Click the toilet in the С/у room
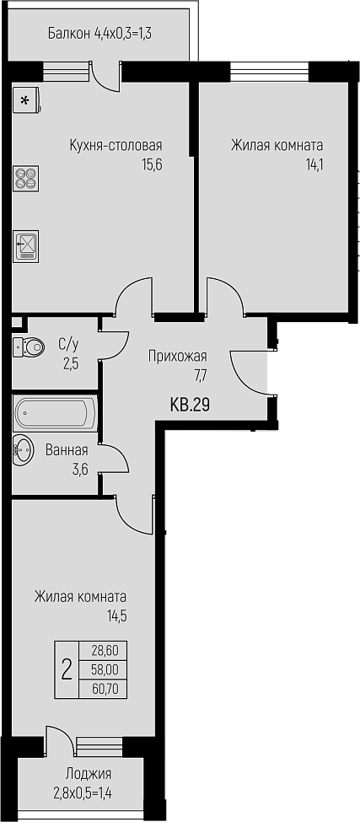(x=29, y=346)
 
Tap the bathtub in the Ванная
(x=56, y=414)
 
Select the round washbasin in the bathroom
(x=23, y=450)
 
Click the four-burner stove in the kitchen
(x=25, y=177)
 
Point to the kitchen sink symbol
(x=25, y=246)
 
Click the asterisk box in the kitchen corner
(x=25, y=100)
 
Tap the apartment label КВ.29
(x=191, y=404)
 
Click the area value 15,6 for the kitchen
(x=152, y=164)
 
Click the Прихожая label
(x=178, y=357)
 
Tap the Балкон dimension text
(x=100, y=35)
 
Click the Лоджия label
(x=89, y=774)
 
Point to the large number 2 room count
(x=67, y=669)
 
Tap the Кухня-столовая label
(x=116, y=145)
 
